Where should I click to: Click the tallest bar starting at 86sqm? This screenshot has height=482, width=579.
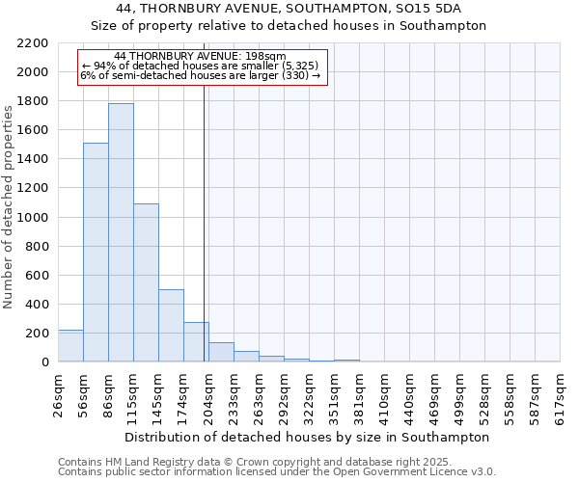(121, 232)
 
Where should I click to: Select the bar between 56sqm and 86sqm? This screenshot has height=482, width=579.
(96, 253)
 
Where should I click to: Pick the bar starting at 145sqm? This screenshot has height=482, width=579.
(171, 326)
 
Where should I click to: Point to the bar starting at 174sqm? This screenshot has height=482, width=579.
(196, 342)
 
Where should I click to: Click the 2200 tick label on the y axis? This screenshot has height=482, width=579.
(32, 43)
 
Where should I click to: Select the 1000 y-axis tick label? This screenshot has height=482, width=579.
(32, 218)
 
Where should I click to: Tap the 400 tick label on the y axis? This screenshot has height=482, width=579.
(36, 305)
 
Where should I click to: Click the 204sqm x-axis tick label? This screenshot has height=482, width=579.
(209, 394)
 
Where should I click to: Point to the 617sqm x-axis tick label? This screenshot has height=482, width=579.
(561, 394)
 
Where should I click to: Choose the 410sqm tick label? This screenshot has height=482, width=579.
(385, 394)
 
